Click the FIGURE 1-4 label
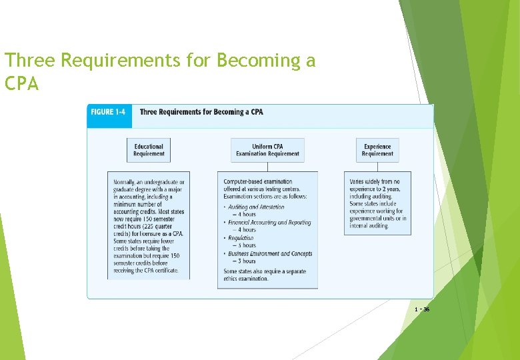(x=107, y=111)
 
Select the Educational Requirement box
(x=149, y=150)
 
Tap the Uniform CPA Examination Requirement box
(x=267, y=150)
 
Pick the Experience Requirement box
(x=377, y=150)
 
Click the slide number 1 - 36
(x=421, y=310)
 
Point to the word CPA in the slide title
(x=22, y=85)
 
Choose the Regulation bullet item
(x=241, y=237)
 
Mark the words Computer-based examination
(x=258, y=181)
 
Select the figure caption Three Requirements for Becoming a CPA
(x=201, y=111)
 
